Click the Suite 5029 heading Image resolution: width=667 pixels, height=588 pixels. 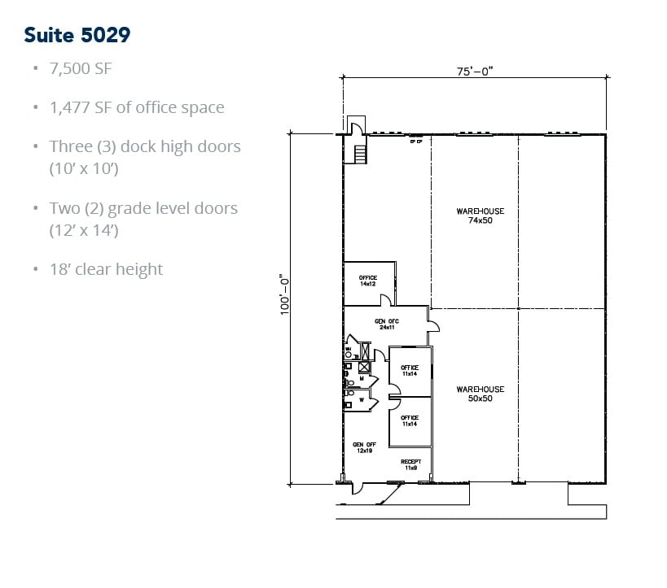coord(77,35)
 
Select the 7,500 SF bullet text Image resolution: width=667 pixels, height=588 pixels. coord(81,68)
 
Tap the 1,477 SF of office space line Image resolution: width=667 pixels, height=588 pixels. coord(136,107)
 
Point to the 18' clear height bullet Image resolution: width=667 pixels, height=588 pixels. coord(106,269)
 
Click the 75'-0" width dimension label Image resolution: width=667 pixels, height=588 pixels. coord(475,72)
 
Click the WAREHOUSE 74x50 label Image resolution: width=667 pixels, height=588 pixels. coord(480,216)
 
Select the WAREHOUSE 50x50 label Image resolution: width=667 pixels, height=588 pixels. coord(480,394)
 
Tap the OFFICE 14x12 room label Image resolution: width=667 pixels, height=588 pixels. coord(368,281)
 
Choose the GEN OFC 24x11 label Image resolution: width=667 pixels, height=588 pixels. coord(386,324)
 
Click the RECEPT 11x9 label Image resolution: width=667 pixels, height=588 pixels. coord(410,464)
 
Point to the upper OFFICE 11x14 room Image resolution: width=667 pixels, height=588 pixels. coord(410,371)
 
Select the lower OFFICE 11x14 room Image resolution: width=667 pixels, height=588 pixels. coord(410,420)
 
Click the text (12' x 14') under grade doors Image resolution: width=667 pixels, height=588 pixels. coord(85,230)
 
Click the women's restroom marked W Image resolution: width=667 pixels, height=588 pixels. coord(357,400)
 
